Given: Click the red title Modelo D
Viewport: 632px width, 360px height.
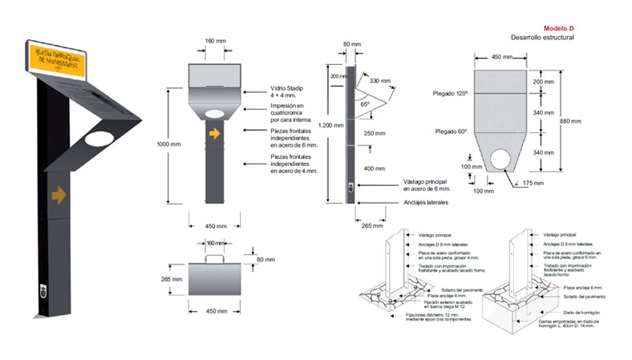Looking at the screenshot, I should point(557,29).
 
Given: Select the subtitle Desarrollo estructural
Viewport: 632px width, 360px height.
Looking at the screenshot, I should point(543,38).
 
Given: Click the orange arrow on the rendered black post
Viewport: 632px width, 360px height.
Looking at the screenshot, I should point(58,193).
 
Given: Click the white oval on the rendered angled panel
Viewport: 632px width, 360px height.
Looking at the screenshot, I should point(99,142).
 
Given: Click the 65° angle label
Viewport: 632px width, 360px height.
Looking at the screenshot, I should point(364,104).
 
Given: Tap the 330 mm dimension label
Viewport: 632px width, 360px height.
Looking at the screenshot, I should point(381,81).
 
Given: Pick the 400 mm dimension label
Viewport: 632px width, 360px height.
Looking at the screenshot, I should point(374,169).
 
